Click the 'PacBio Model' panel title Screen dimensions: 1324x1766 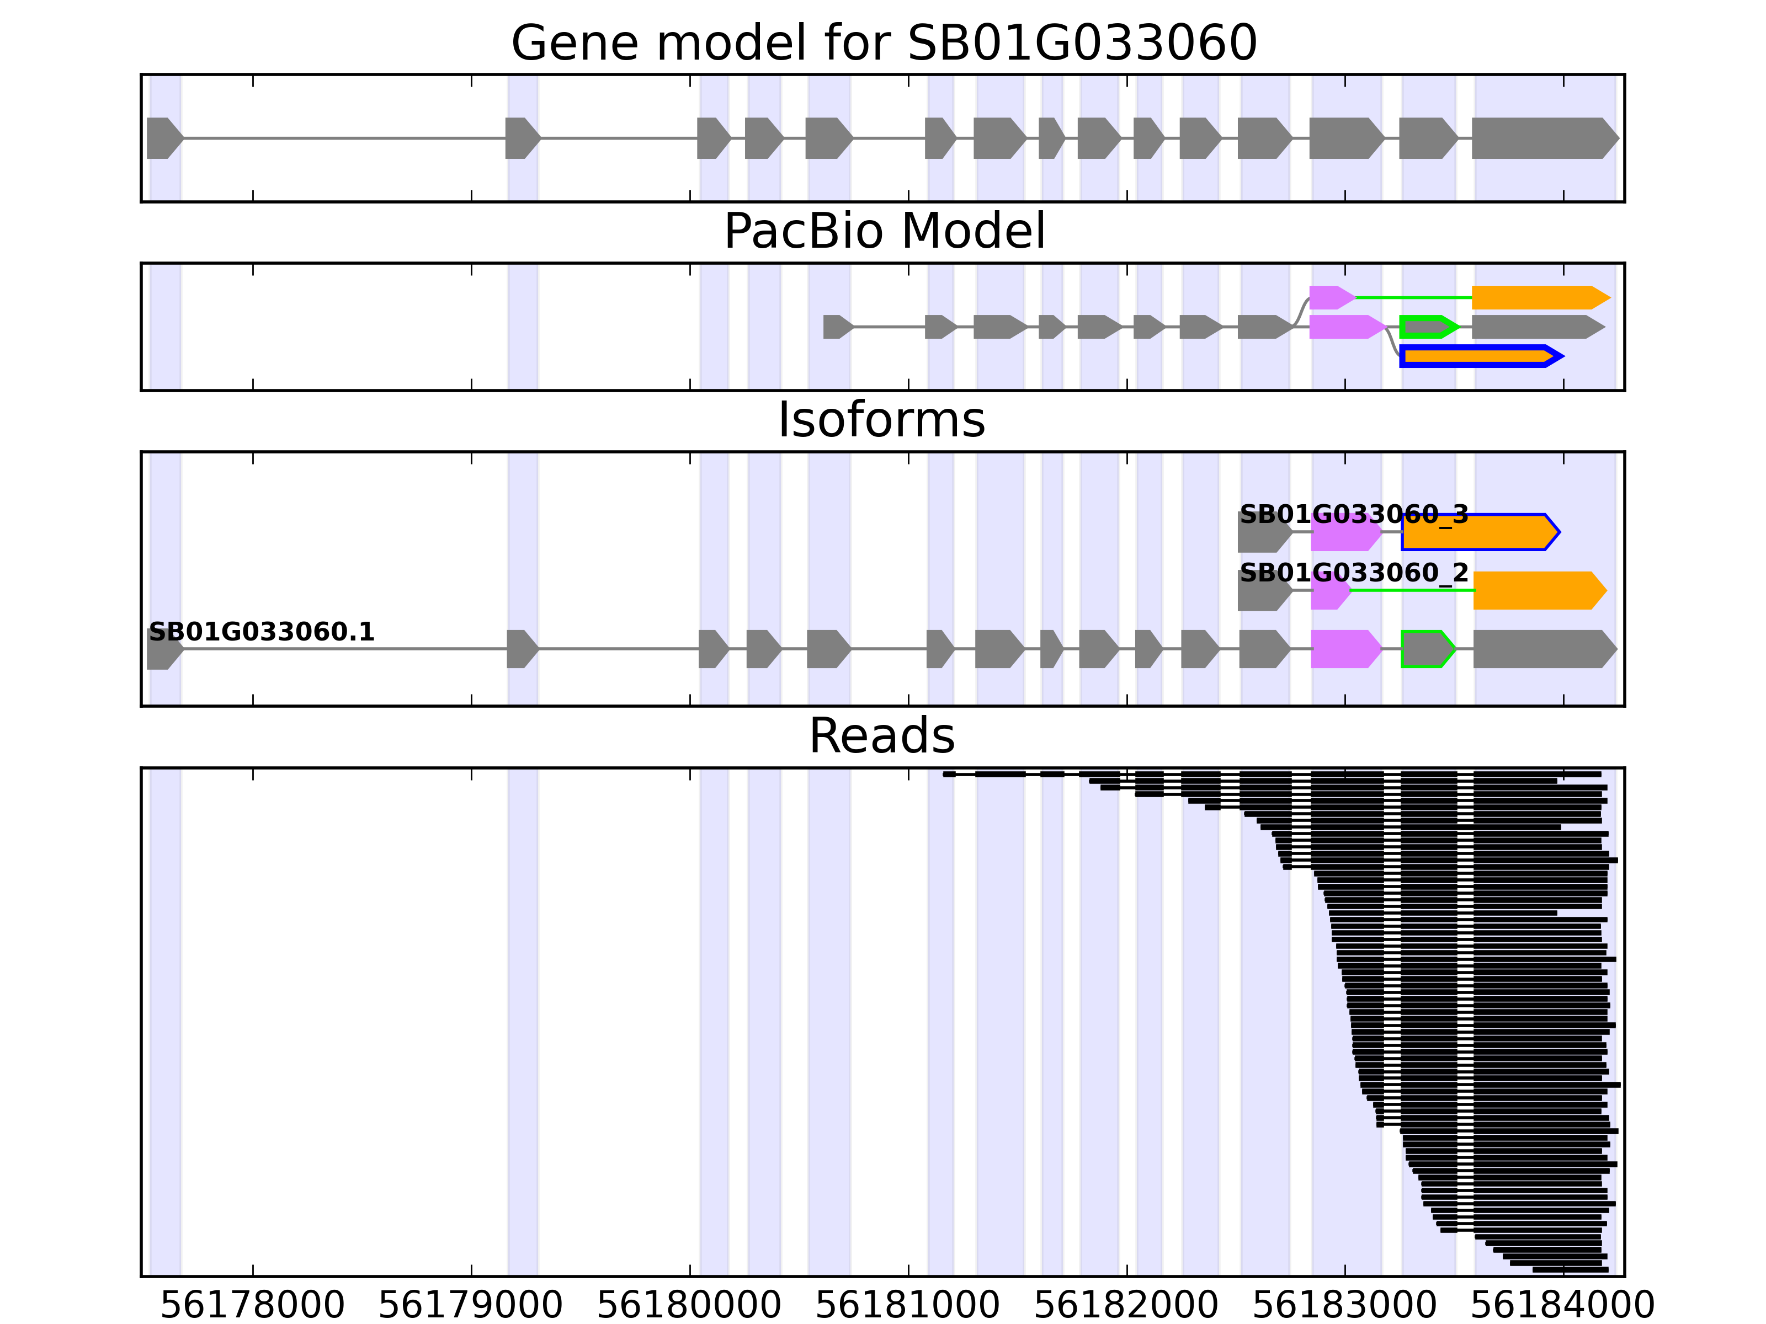pos(884,232)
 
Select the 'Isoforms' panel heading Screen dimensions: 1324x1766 pos(881,420)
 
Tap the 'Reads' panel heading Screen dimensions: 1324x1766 pos(881,736)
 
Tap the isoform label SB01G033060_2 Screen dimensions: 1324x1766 pos(1353,573)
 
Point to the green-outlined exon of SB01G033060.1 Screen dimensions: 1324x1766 pos(1427,649)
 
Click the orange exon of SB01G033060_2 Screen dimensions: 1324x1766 pos(1537,591)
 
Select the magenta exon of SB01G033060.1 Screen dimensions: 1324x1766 pos(1344,649)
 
